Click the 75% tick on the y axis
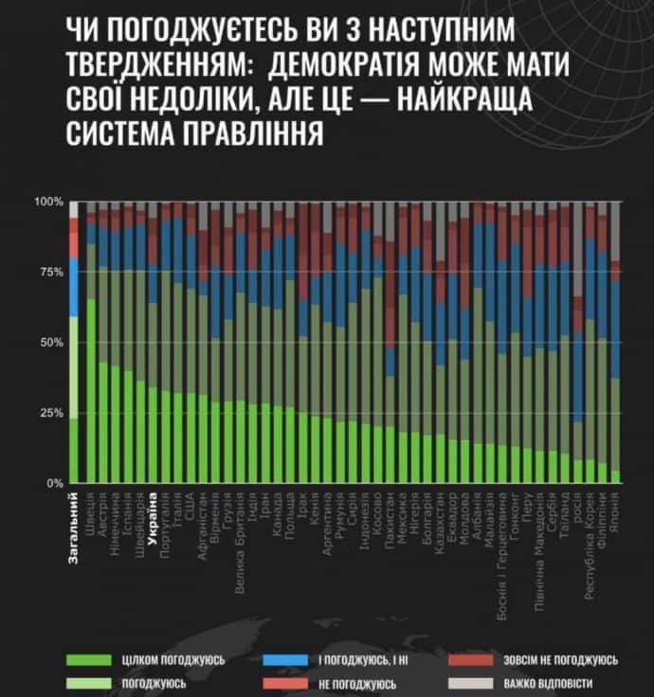click(x=48, y=273)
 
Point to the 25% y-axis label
click(x=48, y=413)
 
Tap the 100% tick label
click(x=47, y=203)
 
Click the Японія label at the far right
click(x=616, y=511)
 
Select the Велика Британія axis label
click(x=240, y=538)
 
